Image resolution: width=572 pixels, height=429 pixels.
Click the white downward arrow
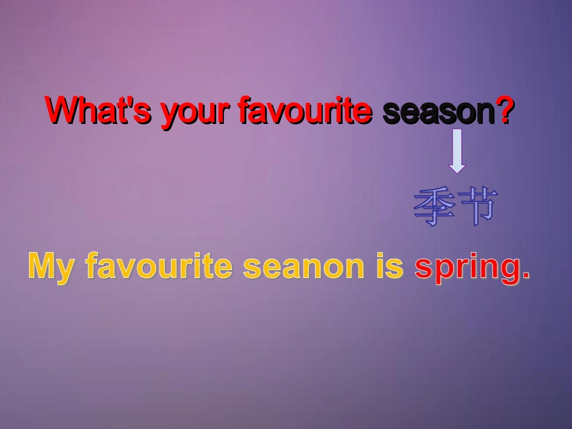(x=457, y=150)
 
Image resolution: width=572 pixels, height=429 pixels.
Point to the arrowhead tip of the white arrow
(x=457, y=172)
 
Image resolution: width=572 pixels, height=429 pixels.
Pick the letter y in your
(x=168, y=116)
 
